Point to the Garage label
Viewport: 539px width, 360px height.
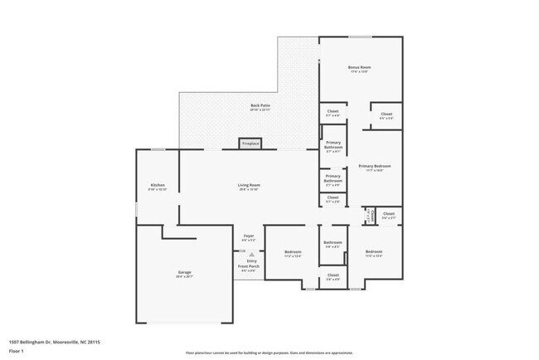pyautogui.click(x=184, y=272)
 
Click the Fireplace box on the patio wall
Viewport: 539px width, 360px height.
pyautogui.click(x=250, y=144)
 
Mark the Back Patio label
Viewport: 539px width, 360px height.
pyautogui.click(x=260, y=105)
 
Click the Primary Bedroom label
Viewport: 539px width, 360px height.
pyautogui.click(x=375, y=166)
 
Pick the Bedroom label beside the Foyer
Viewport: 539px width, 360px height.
pyautogui.click(x=293, y=251)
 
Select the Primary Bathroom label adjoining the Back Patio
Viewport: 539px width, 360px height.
pyautogui.click(x=333, y=146)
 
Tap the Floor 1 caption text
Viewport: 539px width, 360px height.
pyautogui.click(x=16, y=351)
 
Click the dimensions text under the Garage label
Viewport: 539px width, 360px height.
pyautogui.click(x=184, y=277)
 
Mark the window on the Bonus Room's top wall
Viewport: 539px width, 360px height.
pyautogui.click(x=359, y=36)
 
